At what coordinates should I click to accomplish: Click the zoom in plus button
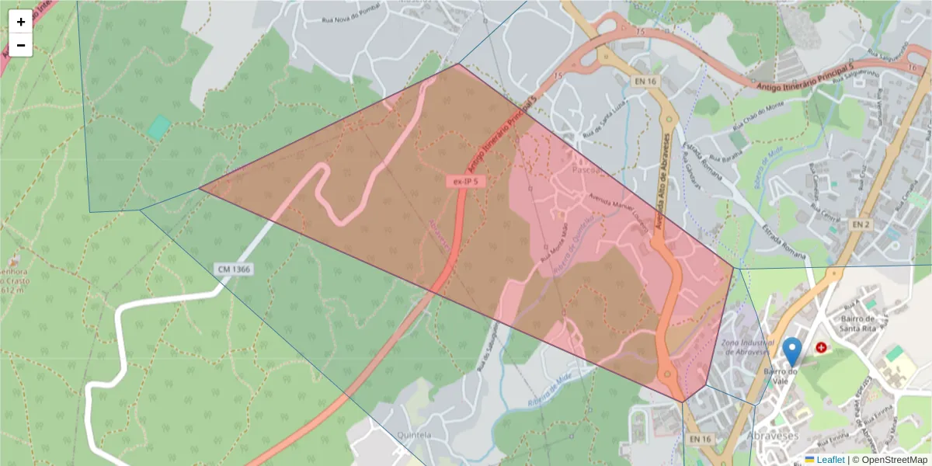coord(21,22)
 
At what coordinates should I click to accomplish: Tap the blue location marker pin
coord(792,352)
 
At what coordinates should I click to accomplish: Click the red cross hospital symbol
coord(821,348)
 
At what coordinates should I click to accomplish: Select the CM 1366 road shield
coord(234,269)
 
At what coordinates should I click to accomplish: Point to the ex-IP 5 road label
coord(465,181)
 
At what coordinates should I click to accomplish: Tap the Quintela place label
coord(413,435)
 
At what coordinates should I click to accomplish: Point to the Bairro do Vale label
coord(783,377)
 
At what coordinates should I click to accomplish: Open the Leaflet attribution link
coord(829,459)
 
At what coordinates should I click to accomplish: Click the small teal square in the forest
coord(159,127)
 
